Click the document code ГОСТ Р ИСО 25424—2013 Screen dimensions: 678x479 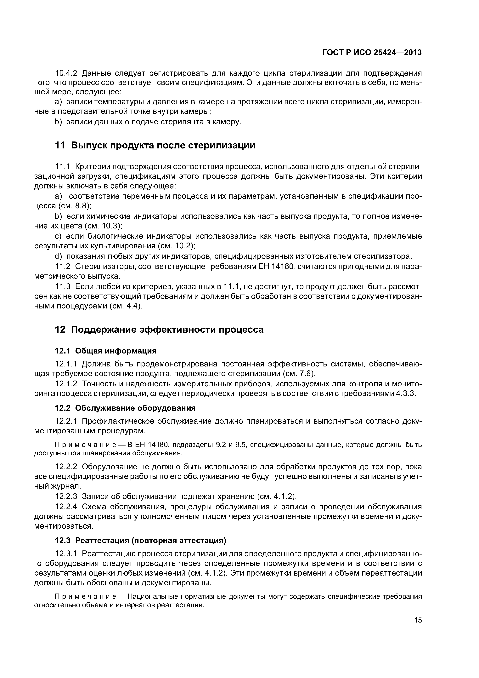(x=372, y=53)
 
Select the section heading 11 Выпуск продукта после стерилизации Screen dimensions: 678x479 (x=155, y=146)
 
